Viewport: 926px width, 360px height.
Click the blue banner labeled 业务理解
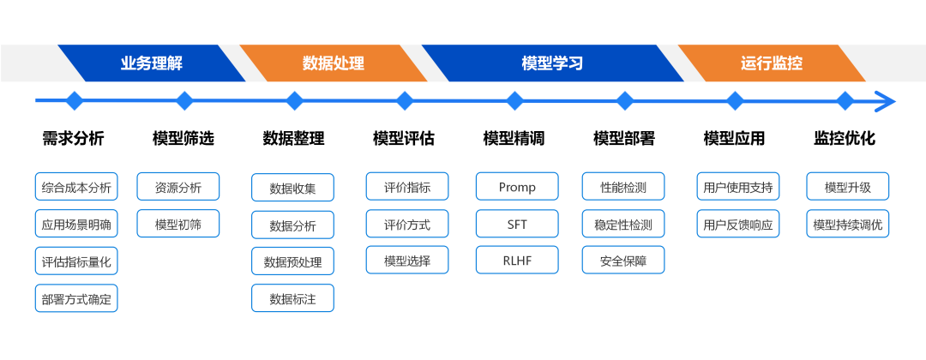[152, 63]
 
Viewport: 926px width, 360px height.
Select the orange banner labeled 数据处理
[334, 63]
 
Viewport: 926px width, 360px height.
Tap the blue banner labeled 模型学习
[552, 63]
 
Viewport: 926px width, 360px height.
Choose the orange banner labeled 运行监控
[772, 63]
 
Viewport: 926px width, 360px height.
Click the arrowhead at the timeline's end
[886, 101]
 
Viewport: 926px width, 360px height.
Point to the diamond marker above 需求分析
[74, 101]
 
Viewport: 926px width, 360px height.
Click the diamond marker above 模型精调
[515, 101]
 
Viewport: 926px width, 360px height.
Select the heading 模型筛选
[183, 139]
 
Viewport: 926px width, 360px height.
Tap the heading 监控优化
[845, 139]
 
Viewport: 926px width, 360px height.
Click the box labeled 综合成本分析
[76, 187]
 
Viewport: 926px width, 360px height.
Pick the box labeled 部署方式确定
[76, 298]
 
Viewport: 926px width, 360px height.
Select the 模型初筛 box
[178, 224]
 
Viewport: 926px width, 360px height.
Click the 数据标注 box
[293, 298]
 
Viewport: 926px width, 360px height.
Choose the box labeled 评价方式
[407, 224]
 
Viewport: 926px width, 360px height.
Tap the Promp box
[517, 187]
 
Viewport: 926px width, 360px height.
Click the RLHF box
[517, 260]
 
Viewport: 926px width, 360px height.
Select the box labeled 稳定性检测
[623, 224]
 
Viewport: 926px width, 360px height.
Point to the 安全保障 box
[623, 260]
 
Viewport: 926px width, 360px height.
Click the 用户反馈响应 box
[738, 224]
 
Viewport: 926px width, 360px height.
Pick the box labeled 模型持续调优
[848, 224]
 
